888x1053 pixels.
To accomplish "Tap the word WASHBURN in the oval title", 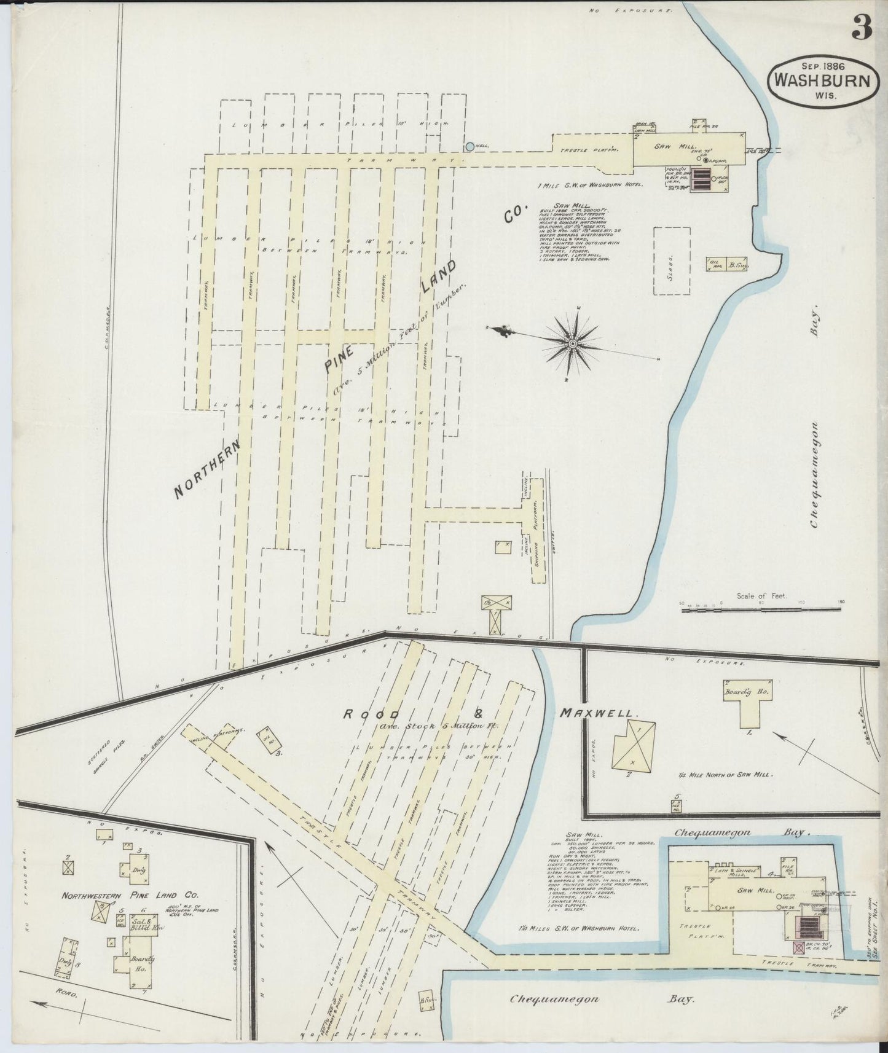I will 820,80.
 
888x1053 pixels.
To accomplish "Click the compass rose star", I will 572,343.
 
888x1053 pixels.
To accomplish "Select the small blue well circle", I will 470,147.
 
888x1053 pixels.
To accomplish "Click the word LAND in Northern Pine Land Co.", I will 439,276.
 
